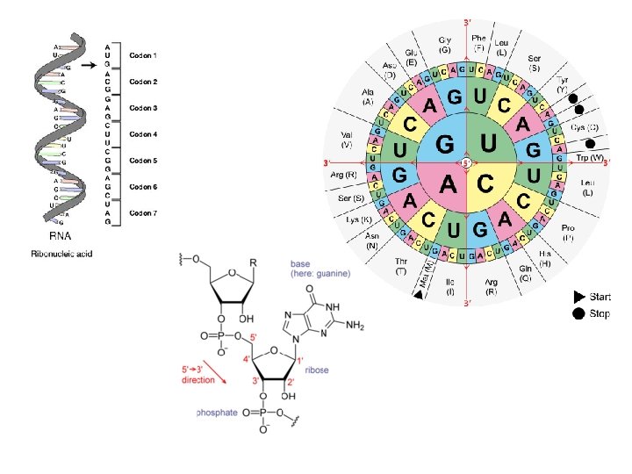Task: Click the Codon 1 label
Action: (143, 55)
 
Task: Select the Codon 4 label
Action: (143, 134)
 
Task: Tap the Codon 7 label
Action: (143, 213)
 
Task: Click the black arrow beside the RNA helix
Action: (88, 63)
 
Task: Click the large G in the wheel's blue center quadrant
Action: (446, 141)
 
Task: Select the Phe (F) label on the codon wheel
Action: (478, 43)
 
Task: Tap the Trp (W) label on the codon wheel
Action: (590, 158)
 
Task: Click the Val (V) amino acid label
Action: (346, 139)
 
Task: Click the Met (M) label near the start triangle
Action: (427, 276)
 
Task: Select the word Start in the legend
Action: (600, 297)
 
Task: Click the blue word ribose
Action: (316, 370)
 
